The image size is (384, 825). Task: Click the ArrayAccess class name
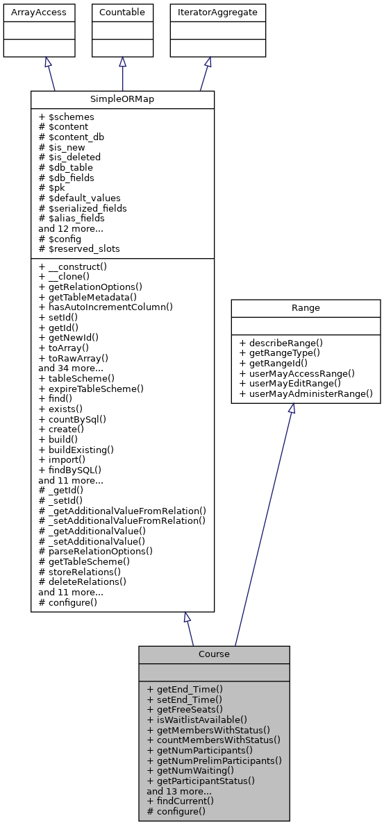coord(39,12)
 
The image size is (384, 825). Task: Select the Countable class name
coord(122,12)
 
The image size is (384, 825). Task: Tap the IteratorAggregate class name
coord(208,12)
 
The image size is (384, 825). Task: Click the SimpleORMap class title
coord(122,99)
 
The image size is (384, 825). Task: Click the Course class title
coord(214,654)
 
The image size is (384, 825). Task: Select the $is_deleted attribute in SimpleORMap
coord(71,158)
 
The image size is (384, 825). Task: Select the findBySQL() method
coord(73,470)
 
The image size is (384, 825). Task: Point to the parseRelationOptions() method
coord(96,551)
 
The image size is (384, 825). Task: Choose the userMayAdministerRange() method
coord(306,393)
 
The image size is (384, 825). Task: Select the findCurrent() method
coord(180,801)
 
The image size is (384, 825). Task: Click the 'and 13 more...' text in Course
coord(179,790)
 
